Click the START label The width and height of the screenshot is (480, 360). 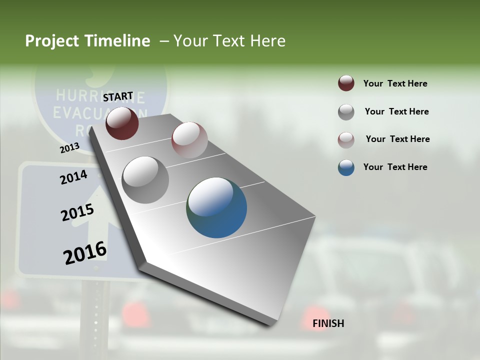point(118,96)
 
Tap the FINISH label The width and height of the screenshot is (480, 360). point(328,323)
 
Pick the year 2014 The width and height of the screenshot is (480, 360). point(73,177)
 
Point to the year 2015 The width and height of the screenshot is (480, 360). point(77,212)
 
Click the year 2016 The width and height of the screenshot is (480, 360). point(85,252)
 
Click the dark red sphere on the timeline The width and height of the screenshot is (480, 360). point(122,123)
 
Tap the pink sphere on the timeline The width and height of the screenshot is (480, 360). point(189,140)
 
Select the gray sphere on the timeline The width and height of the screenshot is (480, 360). point(145,179)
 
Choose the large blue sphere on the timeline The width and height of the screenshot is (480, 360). point(216,207)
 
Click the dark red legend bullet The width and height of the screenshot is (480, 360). point(346,83)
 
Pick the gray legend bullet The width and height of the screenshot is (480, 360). point(346,111)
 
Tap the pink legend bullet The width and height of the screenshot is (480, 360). point(346,139)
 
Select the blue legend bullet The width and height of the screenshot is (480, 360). point(346,167)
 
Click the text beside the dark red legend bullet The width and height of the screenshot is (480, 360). point(395,83)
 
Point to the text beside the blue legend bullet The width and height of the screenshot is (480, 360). point(395,167)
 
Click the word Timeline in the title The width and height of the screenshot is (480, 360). point(115,41)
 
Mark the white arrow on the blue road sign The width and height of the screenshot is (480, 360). point(95,210)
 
